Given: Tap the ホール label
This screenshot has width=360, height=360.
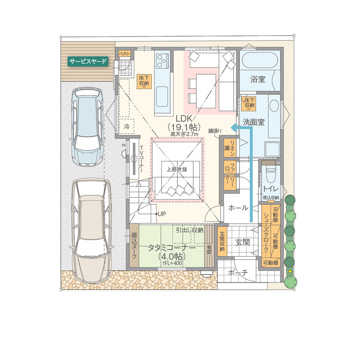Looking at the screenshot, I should [238, 208].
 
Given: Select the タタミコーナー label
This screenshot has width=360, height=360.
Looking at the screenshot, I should [172, 248].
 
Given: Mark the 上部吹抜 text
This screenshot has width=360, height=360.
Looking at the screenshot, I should [177, 169].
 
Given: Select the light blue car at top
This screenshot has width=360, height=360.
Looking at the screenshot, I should [87, 127].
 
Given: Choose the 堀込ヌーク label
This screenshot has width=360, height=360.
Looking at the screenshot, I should [134, 246].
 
